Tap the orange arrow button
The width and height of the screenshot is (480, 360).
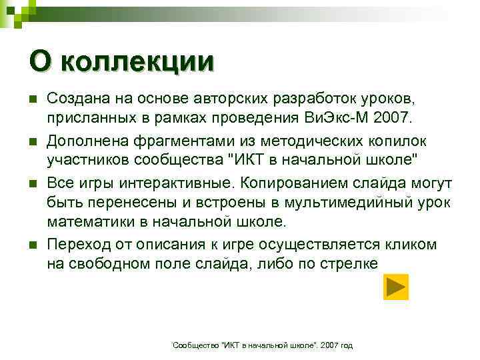coord(396,287)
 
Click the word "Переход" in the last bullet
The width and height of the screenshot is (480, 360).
coord(73,245)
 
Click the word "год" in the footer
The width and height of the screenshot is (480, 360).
coord(346,345)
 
